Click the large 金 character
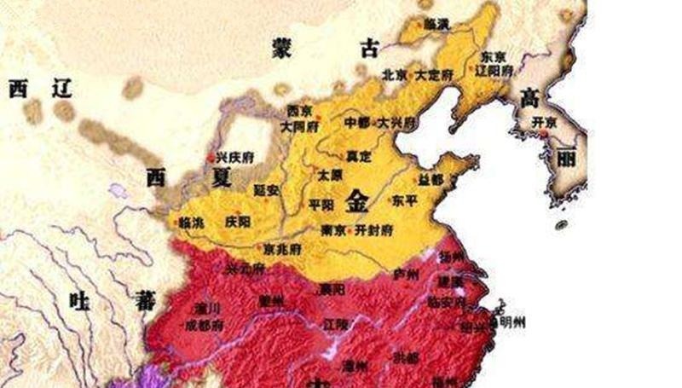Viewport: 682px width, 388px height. click(x=358, y=201)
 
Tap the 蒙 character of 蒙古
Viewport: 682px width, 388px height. click(x=282, y=46)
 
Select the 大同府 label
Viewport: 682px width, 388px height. click(x=298, y=125)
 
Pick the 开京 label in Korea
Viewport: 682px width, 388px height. click(x=543, y=122)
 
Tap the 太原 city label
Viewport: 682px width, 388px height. click(x=328, y=174)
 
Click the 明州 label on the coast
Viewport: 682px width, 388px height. click(x=512, y=321)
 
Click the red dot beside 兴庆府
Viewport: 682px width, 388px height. click(x=211, y=158)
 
